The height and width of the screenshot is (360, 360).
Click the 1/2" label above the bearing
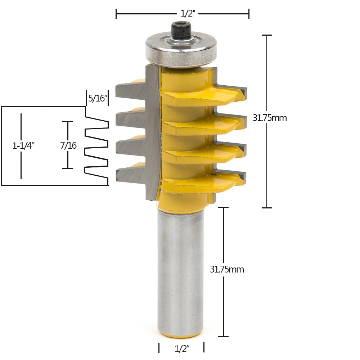tap(188, 14)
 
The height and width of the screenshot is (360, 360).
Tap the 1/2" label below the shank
tap(182, 348)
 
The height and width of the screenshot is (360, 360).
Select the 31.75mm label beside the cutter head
tap(270, 118)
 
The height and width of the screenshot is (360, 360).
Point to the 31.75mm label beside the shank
tap(227, 269)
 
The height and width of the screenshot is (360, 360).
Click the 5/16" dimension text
tap(98, 98)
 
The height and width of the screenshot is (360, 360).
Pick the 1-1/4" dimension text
tap(23, 146)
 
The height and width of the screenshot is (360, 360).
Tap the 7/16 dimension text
tap(68, 145)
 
